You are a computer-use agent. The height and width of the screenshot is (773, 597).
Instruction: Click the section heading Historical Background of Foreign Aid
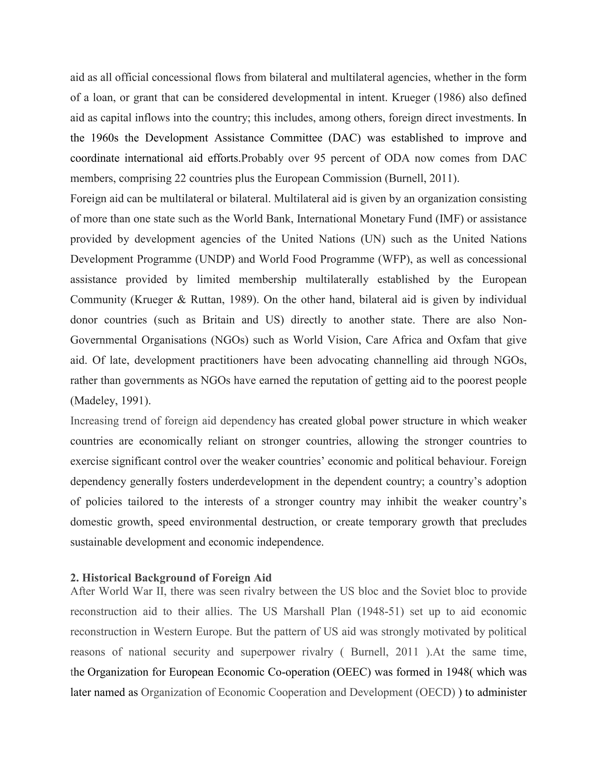tap(171, 578)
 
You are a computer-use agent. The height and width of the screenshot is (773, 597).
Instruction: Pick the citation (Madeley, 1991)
tap(111, 401)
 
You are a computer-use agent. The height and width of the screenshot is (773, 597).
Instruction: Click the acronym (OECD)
tap(435, 692)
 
